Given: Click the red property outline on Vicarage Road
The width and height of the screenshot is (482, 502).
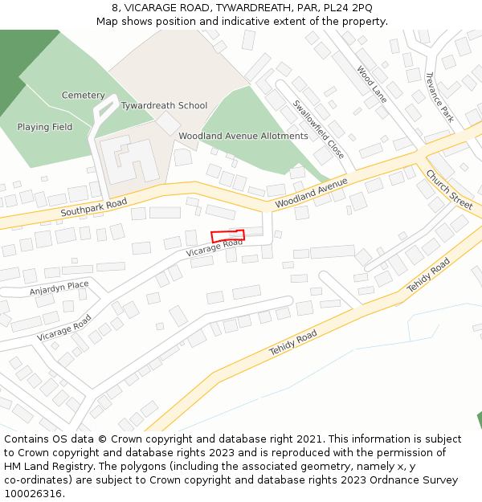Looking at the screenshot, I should coord(227,235).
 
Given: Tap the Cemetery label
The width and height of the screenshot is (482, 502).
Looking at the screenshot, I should coord(84,96).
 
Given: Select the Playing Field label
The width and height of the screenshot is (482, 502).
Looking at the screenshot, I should coord(45,127).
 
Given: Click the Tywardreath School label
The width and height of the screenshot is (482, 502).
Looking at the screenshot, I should coord(164,106).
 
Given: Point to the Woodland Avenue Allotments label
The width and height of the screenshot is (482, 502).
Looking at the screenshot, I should coord(243,137).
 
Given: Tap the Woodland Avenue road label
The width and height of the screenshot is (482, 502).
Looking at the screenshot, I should coord(311,194).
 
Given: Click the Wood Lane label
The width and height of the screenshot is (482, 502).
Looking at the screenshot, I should coord(372,84).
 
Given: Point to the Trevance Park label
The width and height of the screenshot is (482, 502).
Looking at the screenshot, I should coord(439,97).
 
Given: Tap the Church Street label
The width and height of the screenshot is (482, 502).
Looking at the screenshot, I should coord(449,190).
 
